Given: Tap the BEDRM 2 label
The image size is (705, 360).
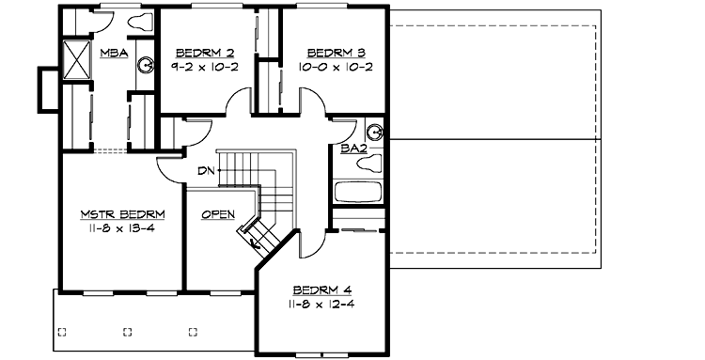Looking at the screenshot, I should tap(197, 53).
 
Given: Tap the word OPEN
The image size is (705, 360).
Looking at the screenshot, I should tap(218, 214).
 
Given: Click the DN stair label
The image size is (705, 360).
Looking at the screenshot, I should tap(206, 171).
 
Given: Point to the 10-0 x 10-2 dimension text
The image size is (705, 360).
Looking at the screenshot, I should tap(323, 67).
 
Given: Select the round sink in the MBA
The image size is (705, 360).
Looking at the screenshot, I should tap(145, 64).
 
